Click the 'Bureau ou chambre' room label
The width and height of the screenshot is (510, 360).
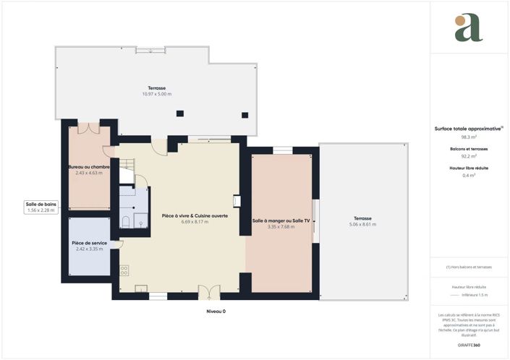90,167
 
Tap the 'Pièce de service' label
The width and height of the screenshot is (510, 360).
89,243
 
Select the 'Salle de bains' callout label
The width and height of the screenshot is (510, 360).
41,204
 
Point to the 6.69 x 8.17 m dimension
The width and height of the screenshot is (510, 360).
195,222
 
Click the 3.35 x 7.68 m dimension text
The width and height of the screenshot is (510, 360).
281,226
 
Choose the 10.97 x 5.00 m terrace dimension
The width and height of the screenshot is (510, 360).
156,94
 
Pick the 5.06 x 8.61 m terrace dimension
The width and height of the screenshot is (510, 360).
362,224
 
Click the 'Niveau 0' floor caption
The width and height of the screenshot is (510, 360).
216,311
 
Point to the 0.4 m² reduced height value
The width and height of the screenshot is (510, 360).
469,175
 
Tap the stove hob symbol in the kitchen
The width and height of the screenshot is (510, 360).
124,270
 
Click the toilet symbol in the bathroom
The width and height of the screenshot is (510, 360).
127,221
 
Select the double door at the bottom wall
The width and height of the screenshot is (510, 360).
208,291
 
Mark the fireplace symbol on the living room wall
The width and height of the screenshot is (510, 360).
236,202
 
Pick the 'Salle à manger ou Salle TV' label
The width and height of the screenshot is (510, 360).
281,220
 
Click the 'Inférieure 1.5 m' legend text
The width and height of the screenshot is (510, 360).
475,295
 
